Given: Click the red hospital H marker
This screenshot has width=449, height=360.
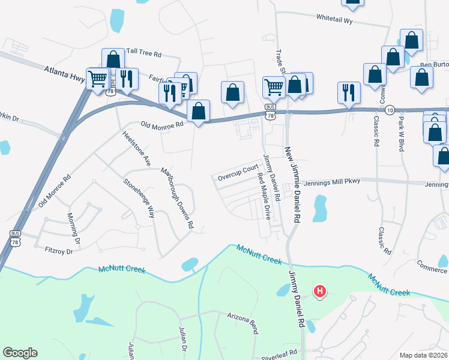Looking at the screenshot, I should point(320,292).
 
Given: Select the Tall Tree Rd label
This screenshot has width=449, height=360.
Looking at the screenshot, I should point(142,53).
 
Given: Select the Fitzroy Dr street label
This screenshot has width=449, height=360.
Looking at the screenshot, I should point(58,250).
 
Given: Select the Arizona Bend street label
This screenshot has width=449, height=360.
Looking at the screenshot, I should point(246,315).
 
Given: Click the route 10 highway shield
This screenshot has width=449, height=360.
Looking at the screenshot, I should point(390,110).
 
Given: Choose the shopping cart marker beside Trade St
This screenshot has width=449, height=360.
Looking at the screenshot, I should point(274,86).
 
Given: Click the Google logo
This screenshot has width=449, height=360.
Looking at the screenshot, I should point(20,353).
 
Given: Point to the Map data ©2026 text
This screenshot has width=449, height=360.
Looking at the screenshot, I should point(423,355).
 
